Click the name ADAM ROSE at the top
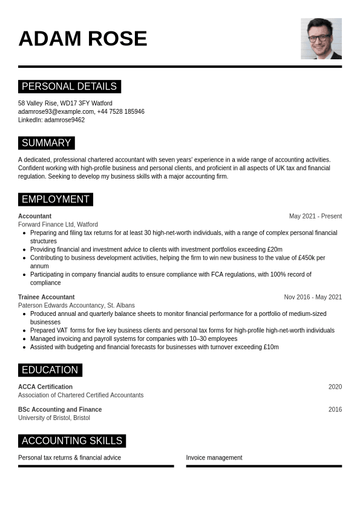(x=83, y=39)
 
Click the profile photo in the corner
(x=321, y=39)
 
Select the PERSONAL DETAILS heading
(x=69, y=87)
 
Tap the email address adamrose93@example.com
(x=56, y=111)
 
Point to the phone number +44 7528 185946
(x=120, y=111)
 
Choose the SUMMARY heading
(x=46, y=143)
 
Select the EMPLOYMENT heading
(x=55, y=200)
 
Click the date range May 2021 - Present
(x=315, y=216)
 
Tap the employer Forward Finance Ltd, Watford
(x=57, y=225)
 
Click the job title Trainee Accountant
(x=46, y=297)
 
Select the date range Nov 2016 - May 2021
(x=313, y=297)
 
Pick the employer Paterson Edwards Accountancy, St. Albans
(x=76, y=306)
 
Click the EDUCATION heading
(x=50, y=370)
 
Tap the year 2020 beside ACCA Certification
(x=335, y=387)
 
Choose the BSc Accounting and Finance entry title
(x=60, y=410)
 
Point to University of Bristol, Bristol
(x=54, y=418)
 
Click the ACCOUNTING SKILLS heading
(x=71, y=441)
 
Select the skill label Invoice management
(x=214, y=458)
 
